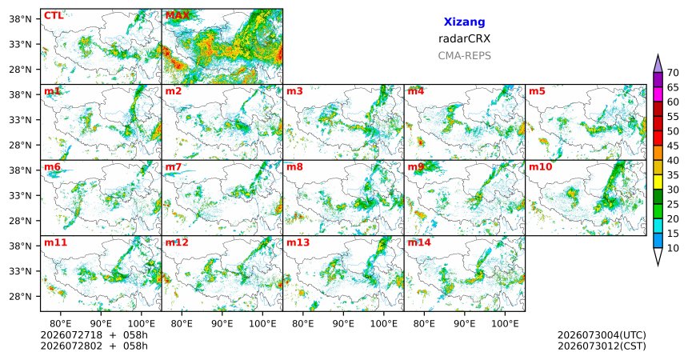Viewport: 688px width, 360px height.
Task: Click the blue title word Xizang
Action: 464,22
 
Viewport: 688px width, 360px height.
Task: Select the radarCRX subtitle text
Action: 464,38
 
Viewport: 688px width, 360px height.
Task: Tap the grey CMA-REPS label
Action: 464,56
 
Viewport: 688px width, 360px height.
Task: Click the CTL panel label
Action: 54,16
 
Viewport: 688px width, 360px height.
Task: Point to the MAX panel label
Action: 178,16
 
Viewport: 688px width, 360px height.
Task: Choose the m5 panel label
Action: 537,91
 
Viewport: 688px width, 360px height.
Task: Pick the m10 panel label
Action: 541,167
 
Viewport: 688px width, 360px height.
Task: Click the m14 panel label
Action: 419,242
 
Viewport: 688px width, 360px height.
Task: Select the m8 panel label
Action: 294,167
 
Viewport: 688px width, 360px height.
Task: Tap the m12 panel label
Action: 177,242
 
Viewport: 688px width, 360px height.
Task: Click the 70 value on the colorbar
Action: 673,73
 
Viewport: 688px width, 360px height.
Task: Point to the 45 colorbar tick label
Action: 673,146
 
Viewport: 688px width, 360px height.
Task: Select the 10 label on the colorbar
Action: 673,248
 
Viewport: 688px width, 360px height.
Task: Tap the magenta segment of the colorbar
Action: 658,94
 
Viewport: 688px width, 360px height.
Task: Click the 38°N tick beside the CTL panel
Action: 21,19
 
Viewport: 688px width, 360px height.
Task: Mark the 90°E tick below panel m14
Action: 464,324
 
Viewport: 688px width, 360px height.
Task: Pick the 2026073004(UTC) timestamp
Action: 602,335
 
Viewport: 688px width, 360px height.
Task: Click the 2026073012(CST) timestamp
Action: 602,346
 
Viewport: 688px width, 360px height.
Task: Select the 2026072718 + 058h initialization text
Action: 94,335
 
